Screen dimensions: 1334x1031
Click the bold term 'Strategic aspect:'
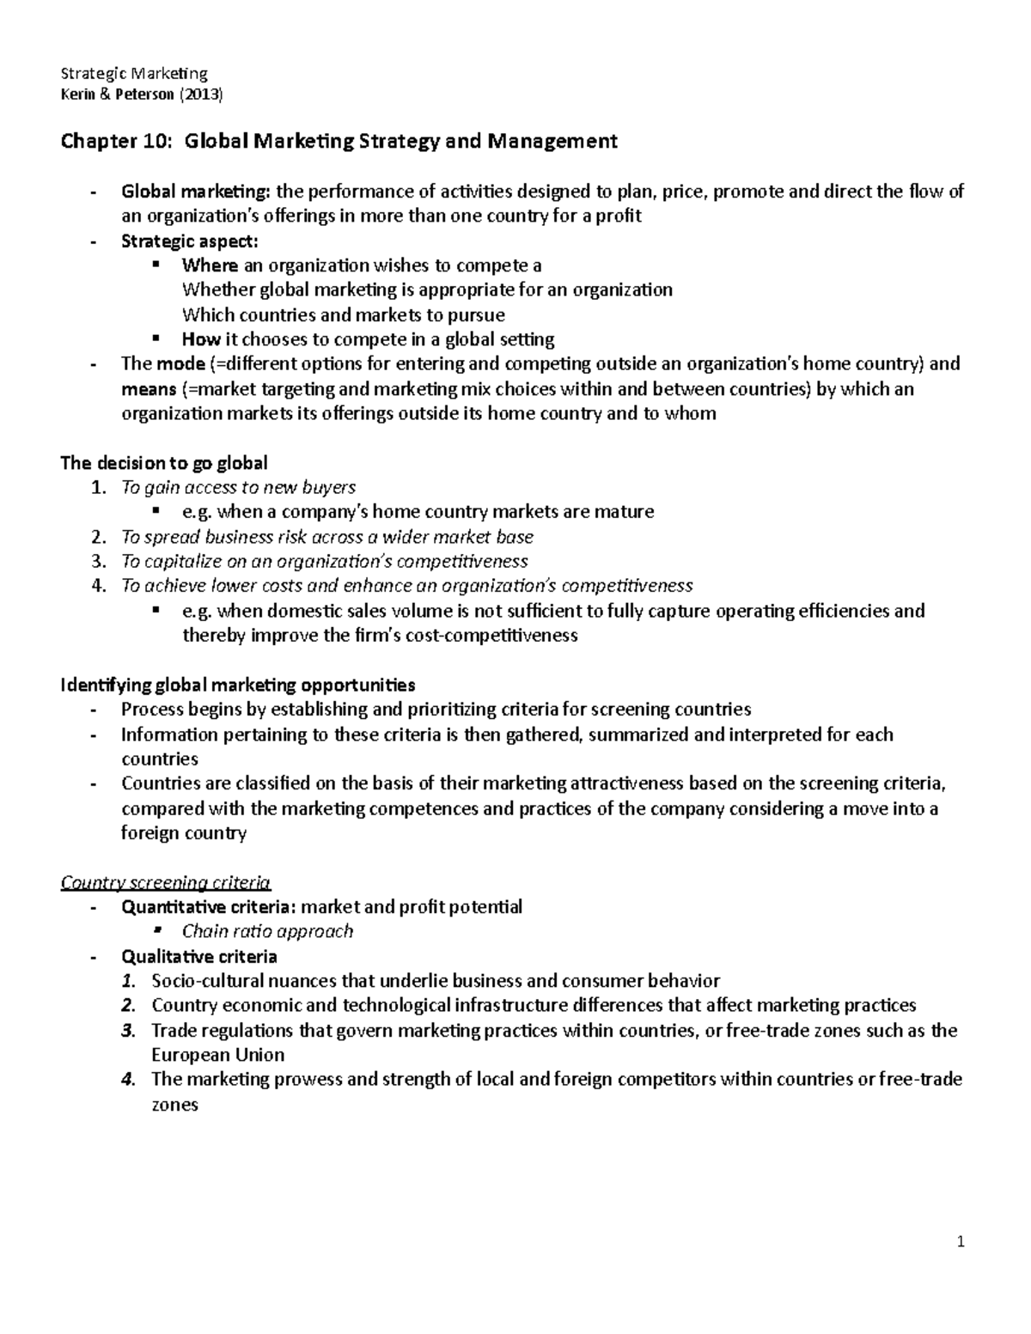point(189,241)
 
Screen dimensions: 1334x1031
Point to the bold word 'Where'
point(210,265)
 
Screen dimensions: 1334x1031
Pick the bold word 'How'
point(201,338)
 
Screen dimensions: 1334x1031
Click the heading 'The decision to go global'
point(164,463)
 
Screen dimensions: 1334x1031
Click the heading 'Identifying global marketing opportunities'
point(237,685)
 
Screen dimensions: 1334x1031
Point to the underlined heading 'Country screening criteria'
point(165,882)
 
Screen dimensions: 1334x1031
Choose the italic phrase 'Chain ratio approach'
point(267,931)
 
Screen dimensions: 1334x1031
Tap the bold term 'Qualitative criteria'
point(199,956)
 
